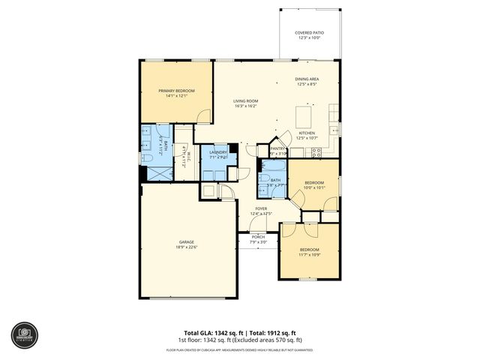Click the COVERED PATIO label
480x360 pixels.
[x=308, y=33]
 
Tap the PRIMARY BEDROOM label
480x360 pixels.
[x=176, y=91]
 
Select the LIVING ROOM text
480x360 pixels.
[x=245, y=101]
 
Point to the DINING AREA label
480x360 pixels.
[x=308, y=79]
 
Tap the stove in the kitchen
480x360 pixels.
[x=316, y=151]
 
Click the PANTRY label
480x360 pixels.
[x=278, y=148]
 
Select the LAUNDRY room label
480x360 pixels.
[x=218, y=152]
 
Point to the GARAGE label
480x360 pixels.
[x=186, y=241]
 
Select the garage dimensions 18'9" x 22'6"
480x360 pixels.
[x=186, y=247]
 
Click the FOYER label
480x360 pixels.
[x=261, y=208]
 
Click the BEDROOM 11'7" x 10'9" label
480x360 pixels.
[x=310, y=249]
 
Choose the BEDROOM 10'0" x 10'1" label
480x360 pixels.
[x=314, y=182]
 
